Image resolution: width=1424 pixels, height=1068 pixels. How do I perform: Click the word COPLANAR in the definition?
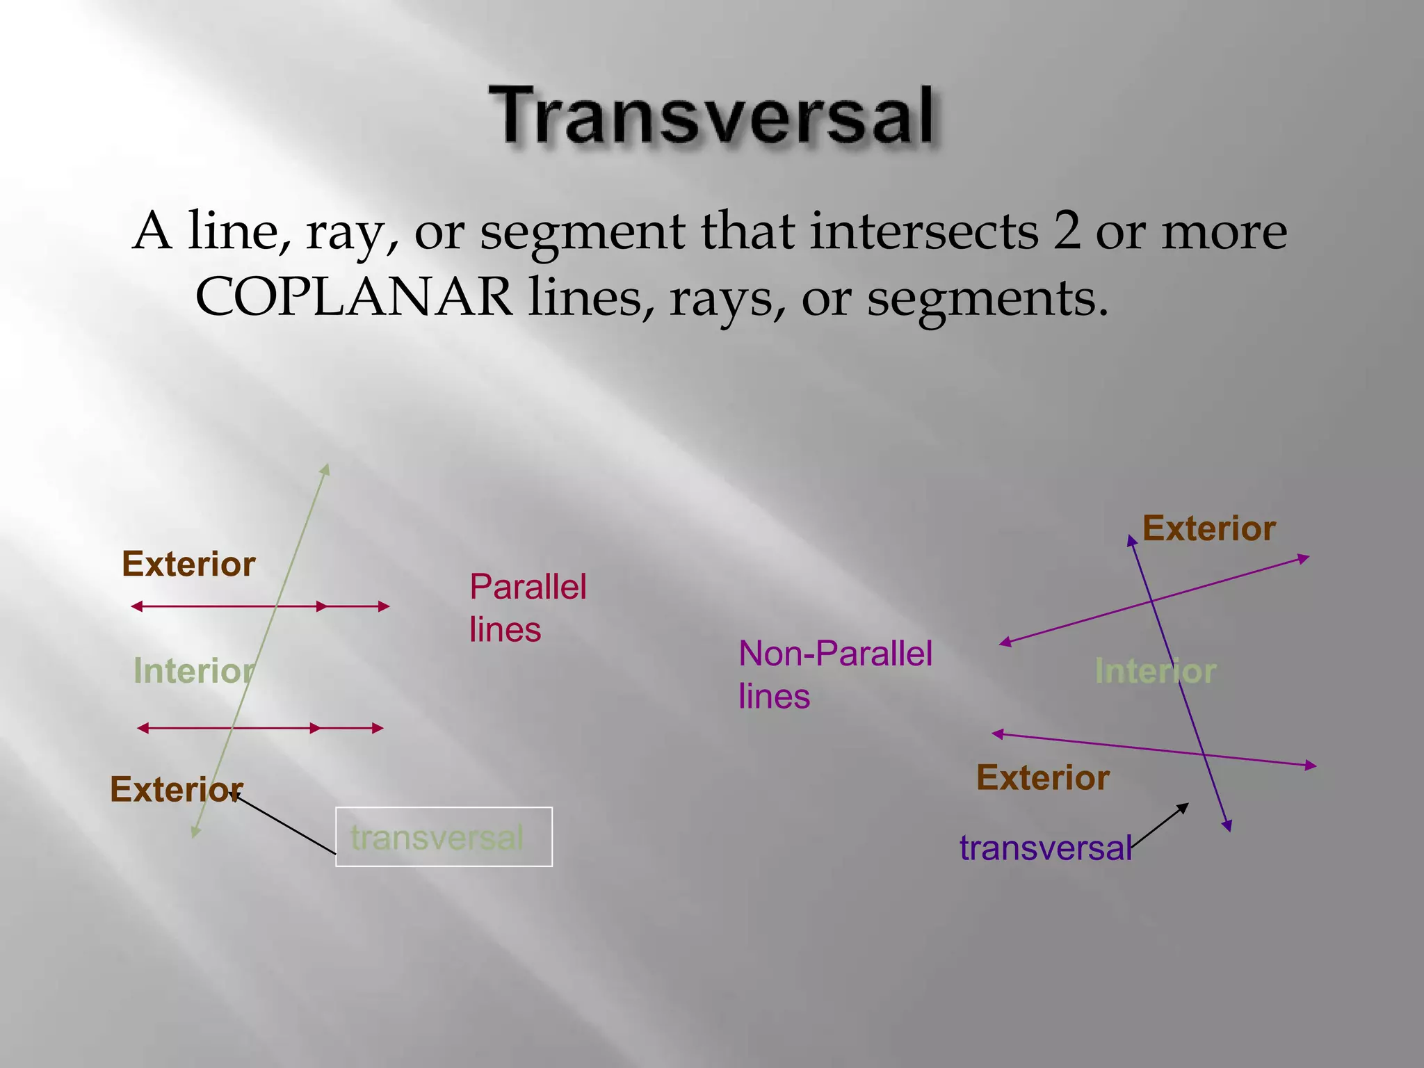click(355, 298)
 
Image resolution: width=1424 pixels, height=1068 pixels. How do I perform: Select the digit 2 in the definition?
click(1067, 231)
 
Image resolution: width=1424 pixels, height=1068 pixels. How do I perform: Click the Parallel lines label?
click(527, 608)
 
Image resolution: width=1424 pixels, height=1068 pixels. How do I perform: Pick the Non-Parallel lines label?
click(834, 674)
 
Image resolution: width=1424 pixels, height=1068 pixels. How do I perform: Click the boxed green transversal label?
click(438, 837)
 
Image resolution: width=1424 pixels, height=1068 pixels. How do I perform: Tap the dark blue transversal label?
click(1045, 848)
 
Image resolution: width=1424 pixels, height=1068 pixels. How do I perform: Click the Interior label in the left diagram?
click(193, 671)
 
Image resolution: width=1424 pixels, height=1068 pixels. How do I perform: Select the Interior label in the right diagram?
click(1155, 671)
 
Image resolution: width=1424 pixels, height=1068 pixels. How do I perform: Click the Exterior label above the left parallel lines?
click(188, 564)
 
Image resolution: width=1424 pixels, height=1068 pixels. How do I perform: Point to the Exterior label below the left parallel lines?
click(176, 789)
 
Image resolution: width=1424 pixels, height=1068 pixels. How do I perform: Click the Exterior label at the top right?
click(1208, 528)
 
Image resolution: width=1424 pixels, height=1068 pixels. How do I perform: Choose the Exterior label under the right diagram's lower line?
click(1042, 777)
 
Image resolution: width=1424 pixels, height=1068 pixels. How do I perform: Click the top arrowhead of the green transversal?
click(325, 470)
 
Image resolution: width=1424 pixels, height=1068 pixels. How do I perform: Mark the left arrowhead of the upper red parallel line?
click(136, 606)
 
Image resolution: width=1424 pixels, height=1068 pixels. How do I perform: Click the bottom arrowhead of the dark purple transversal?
click(1228, 826)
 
